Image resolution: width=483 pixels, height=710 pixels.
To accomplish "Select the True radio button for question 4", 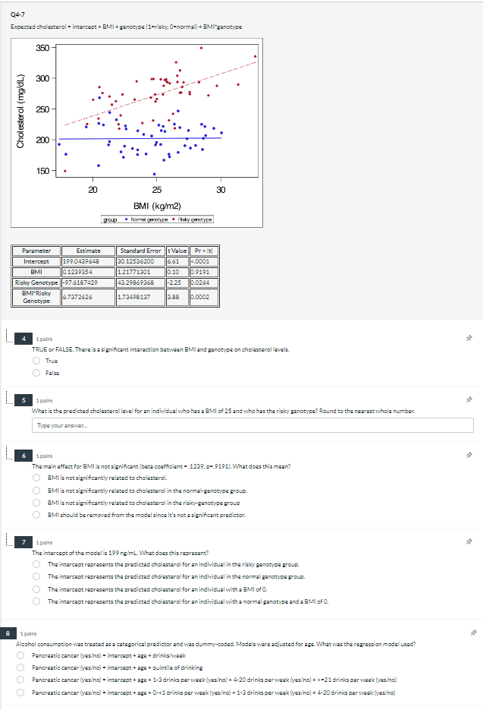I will click(x=36, y=361).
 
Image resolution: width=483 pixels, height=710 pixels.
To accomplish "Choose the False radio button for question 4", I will click(x=36, y=373).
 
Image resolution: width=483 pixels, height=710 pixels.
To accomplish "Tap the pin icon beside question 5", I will click(x=469, y=398).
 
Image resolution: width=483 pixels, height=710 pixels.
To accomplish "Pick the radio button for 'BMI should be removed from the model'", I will click(x=36, y=515).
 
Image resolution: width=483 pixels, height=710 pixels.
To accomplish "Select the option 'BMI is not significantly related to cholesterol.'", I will click(x=36, y=478).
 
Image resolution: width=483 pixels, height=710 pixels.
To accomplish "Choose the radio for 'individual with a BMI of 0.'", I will click(x=36, y=589).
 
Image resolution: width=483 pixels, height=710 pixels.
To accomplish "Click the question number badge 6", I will click(x=24, y=456).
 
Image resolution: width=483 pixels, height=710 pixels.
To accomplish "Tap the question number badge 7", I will click(x=24, y=541).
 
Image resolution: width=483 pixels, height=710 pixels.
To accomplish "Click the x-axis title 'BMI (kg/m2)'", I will click(x=156, y=205).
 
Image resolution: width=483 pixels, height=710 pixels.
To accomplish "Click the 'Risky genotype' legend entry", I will click(x=194, y=219).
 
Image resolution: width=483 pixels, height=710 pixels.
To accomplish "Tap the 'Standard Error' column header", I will click(x=142, y=250).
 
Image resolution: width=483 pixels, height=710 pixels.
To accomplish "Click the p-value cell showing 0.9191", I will click(x=203, y=271).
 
